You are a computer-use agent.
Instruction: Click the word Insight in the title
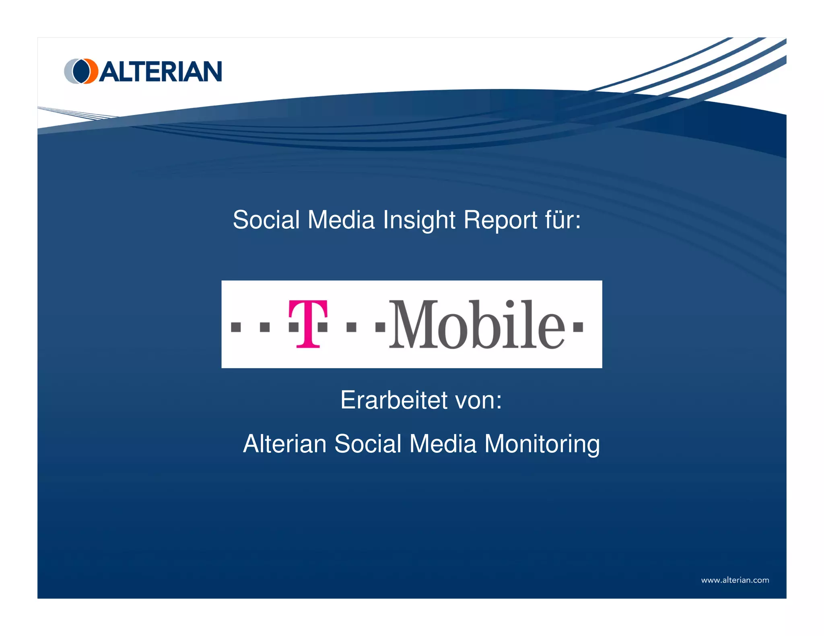(419, 220)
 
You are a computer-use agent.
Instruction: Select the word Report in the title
(501, 220)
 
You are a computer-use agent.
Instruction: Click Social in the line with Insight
(266, 220)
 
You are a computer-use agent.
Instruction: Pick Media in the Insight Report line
(341, 220)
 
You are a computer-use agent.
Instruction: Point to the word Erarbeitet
(394, 400)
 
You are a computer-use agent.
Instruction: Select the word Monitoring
(542, 444)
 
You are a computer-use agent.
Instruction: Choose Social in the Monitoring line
(368, 444)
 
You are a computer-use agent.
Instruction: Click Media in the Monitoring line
(443, 444)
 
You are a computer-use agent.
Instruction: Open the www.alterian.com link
(735, 580)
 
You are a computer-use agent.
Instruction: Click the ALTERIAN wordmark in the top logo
(160, 72)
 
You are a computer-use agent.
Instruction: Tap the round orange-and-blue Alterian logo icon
(81, 71)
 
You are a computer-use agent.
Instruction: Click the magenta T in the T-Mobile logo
(308, 323)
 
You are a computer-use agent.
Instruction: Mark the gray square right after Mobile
(578, 327)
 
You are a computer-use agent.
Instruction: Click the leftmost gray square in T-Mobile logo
(236, 327)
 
